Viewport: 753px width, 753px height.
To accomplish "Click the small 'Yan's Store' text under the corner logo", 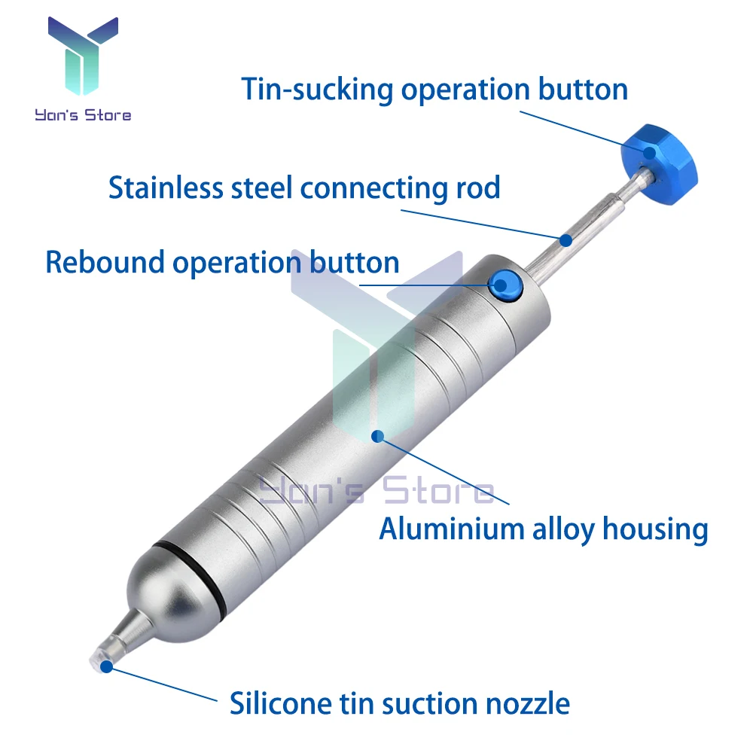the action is click(83, 115).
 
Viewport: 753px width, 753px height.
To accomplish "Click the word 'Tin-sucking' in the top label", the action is click(317, 90).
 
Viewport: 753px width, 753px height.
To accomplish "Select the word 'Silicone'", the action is click(276, 703).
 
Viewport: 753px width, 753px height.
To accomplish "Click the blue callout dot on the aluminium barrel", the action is click(378, 435).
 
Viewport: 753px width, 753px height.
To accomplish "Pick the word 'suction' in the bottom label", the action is click(431, 703).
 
